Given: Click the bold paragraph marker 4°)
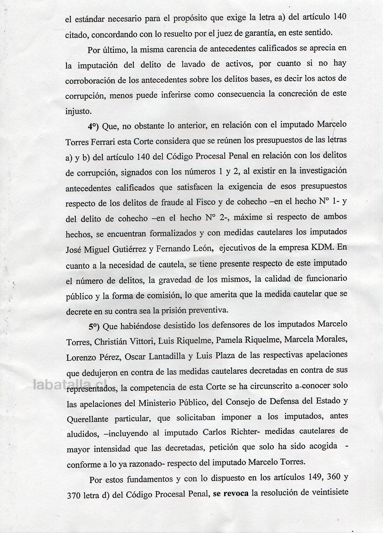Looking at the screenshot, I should [x=94, y=126].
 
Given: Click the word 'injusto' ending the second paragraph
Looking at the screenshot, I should [x=78, y=112].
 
